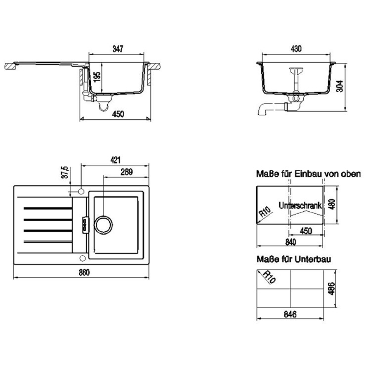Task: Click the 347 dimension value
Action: pos(118,49)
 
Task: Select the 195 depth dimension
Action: pos(97,77)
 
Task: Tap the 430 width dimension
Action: pos(296,49)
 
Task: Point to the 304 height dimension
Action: pos(340,86)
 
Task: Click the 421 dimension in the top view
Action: pos(115,160)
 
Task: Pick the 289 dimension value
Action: pos(127,172)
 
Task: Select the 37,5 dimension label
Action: pos(65,172)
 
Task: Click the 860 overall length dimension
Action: pos(84,272)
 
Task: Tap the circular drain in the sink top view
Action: pos(104,224)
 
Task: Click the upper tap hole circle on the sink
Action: pos(81,191)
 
